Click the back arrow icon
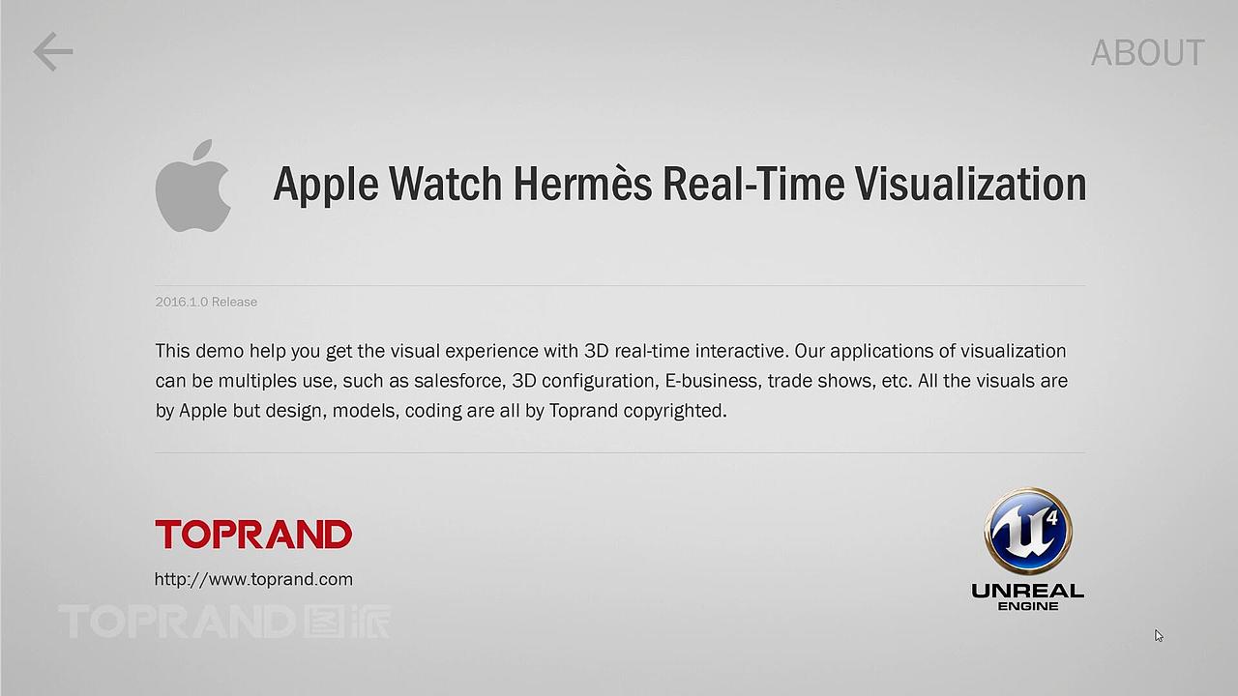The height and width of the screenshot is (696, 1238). tap(53, 51)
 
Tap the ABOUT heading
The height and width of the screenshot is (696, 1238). tap(1147, 53)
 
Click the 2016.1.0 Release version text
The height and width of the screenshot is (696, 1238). tap(206, 302)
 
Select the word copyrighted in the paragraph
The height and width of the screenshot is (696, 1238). tap(674, 411)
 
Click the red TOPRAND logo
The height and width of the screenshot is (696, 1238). tap(253, 534)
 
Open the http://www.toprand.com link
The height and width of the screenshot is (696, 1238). tap(253, 579)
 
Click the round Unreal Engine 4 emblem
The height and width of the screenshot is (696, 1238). tap(1028, 531)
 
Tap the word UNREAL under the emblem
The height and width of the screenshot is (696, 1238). tap(1027, 591)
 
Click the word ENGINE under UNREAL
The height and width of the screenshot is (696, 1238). tap(1027, 606)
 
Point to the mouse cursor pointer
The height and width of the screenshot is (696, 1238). tap(1159, 635)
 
